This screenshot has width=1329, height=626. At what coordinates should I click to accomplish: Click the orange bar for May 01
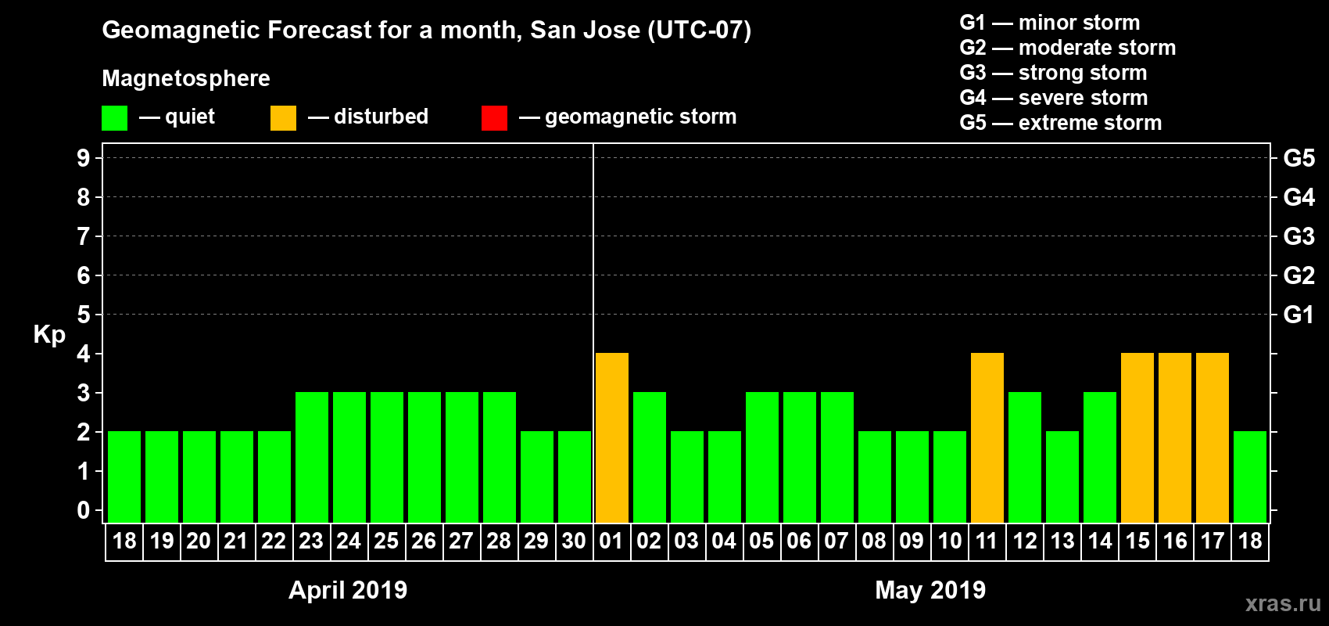612,437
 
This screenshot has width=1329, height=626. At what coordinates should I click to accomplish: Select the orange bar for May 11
987,437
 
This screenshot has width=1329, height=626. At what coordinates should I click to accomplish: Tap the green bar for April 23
312,457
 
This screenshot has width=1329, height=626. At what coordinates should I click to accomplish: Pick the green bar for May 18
1250,477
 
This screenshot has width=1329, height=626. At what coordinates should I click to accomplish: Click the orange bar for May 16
1175,437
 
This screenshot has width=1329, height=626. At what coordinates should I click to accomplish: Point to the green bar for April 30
575,477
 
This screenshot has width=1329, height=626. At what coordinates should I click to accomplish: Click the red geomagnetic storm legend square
494,118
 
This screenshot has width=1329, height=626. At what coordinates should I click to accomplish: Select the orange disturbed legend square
283,118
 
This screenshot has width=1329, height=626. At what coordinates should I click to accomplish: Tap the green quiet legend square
114,118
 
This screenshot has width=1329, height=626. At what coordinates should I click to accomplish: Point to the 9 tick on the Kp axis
84,158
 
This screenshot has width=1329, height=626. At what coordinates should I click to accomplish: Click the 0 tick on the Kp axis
84,510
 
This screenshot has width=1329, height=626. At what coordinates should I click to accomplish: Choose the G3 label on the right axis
1299,236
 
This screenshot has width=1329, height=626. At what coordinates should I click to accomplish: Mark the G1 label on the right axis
1299,315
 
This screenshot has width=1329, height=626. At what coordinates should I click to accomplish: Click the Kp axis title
49,334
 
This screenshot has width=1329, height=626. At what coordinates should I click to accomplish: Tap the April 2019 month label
348,590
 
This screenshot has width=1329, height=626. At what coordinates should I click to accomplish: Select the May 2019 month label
930,590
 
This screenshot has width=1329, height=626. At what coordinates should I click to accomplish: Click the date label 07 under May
836,541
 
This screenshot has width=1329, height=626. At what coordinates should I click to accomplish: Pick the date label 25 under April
386,541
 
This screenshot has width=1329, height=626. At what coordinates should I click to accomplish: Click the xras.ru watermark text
1283,603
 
